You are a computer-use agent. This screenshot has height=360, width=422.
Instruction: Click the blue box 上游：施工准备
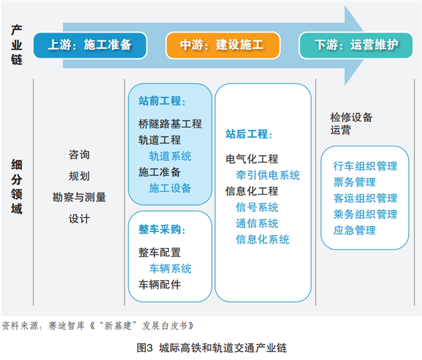click(x=90, y=45)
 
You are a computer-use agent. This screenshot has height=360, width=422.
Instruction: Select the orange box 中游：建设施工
click(x=222, y=45)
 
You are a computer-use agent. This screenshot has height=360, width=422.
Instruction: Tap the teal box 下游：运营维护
click(x=356, y=45)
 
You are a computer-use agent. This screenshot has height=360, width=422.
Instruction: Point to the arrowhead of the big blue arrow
click(x=364, y=45)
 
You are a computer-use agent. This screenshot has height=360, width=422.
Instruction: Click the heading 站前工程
click(x=162, y=101)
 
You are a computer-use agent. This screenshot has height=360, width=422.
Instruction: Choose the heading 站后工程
click(x=248, y=134)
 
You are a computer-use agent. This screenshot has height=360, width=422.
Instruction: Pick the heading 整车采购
click(x=162, y=230)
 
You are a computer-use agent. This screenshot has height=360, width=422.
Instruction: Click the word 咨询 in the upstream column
click(x=79, y=154)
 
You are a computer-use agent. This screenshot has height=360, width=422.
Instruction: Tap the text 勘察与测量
click(x=79, y=197)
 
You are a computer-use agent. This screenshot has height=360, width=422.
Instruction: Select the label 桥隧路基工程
click(x=170, y=124)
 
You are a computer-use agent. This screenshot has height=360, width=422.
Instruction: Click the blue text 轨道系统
click(x=170, y=156)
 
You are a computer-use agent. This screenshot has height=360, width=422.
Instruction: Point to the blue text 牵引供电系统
click(x=268, y=175)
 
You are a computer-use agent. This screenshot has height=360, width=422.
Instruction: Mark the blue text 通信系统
click(x=257, y=224)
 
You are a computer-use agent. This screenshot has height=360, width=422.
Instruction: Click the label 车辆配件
click(x=160, y=285)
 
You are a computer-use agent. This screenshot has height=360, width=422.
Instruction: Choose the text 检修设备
click(x=351, y=118)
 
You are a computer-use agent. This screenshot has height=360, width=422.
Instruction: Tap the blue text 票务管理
click(x=354, y=182)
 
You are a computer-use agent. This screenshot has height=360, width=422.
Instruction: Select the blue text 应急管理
click(x=354, y=230)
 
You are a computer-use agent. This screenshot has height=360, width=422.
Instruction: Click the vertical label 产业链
click(x=17, y=45)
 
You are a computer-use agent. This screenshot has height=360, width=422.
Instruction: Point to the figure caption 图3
click(x=145, y=348)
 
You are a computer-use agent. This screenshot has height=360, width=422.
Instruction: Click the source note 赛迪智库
click(x=66, y=326)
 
